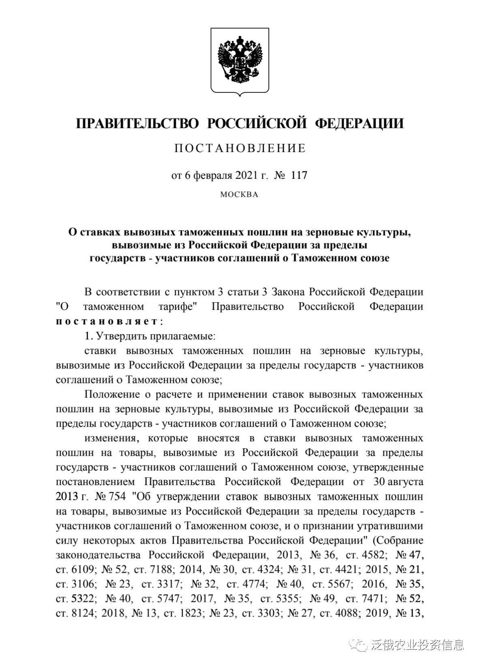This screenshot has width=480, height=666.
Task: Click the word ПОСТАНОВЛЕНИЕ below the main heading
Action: (240, 148)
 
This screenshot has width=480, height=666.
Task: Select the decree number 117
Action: (299, 176)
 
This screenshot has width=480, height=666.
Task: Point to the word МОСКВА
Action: (239, 195)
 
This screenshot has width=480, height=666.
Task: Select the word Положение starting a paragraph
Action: (109, 395)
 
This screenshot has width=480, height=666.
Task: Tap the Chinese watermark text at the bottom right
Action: (418, 644)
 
